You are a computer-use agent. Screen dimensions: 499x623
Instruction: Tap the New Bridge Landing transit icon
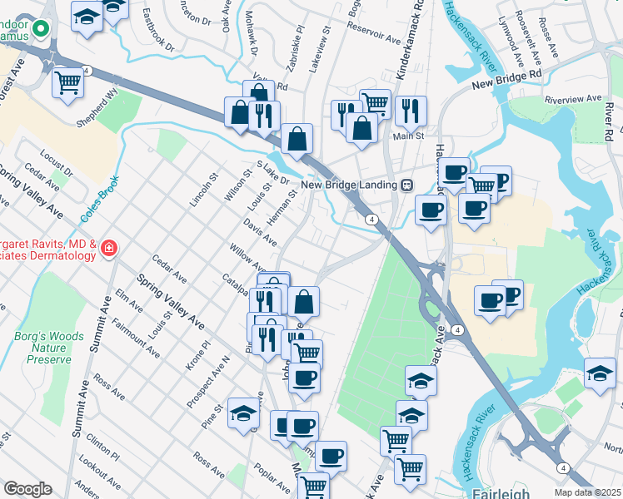[407, 185]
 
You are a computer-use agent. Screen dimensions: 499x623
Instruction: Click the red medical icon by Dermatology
[109, 247]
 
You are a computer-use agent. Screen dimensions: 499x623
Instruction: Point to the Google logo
[27, 489]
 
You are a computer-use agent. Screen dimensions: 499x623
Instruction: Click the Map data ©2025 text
[588, 492]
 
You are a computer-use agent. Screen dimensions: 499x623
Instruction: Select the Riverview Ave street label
[572, 98]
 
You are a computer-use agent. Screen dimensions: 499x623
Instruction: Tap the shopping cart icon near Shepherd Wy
[67, 82]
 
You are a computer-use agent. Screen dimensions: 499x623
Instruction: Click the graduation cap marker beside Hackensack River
[600, 373]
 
